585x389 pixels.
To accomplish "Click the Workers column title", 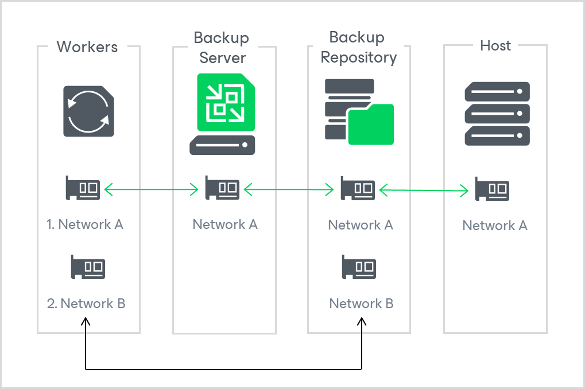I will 87,47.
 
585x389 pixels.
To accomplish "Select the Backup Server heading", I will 222,48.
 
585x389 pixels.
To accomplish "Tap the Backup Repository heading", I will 358,48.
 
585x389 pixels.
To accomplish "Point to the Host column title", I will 495,46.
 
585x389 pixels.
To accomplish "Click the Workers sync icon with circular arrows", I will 88,111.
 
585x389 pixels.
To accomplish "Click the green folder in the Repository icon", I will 371,125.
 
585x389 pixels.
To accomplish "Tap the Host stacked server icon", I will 497,114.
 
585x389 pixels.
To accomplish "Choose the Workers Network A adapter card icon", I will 83,188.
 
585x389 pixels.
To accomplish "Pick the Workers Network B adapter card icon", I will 88,267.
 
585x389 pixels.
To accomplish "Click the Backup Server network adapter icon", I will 222,188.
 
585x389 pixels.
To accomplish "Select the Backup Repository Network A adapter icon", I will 358,188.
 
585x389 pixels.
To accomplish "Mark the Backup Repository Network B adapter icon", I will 359,267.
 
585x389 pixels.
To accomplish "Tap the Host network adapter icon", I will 492,189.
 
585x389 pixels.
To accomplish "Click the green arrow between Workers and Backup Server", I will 152,188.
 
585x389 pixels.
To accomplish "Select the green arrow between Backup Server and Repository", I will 289,188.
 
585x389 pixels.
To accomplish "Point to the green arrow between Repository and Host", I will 424,189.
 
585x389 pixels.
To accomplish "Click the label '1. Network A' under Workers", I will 85,224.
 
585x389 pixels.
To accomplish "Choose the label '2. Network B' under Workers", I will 86,304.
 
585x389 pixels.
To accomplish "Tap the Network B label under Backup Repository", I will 361,304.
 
